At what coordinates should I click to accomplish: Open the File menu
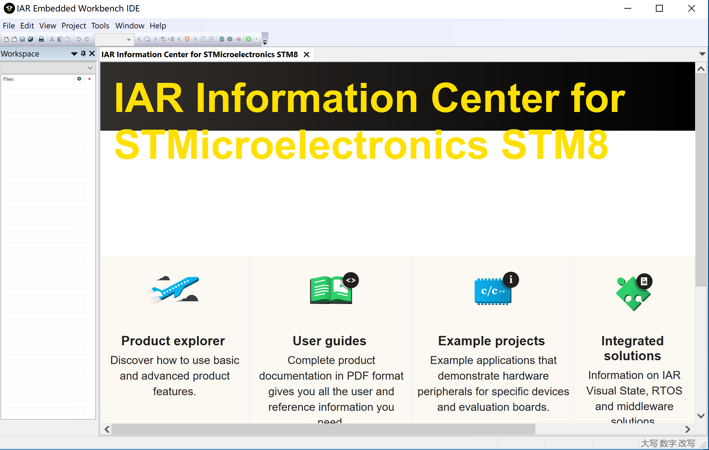(9, 26)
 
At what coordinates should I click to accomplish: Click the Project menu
(74, 26)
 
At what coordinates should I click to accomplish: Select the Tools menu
(100, 26)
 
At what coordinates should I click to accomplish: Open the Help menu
(158, 26)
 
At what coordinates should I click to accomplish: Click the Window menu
(130, 26)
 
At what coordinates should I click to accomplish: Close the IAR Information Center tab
(306, 54)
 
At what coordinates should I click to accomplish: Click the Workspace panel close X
(92, 53)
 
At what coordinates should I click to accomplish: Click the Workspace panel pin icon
(83, 53)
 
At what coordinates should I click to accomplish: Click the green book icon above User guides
(331, 290)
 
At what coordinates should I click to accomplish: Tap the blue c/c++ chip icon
(493, 291)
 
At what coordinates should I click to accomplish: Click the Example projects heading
(491, 341)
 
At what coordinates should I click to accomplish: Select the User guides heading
(329, 341)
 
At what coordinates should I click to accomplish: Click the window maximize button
(659, 8)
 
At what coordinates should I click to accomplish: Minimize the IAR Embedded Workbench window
(627, 8)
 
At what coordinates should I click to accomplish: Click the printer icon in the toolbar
(41, 39)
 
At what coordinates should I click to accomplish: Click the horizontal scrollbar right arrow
(687, 429)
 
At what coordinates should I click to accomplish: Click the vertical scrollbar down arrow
(701, 416)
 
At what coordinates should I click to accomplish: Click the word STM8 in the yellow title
(554, 145)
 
